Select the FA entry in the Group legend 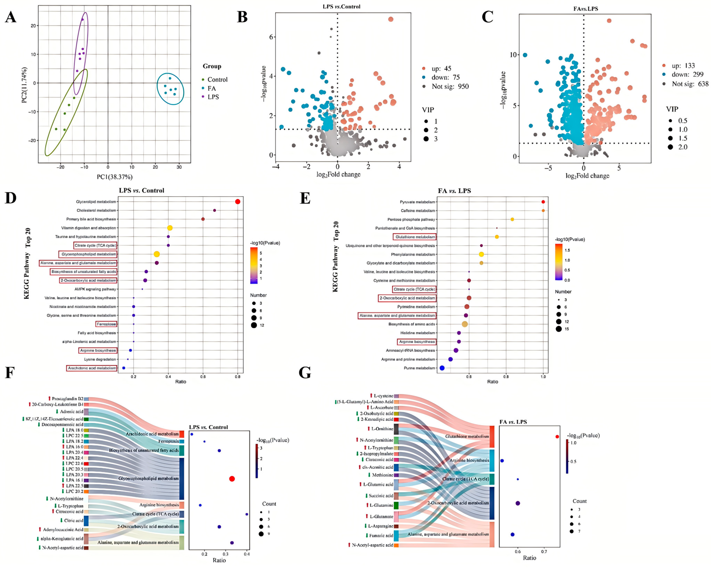211,88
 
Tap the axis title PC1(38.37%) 114,177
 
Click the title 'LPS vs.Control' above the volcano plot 341,7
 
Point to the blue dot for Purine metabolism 442,368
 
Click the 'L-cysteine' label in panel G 383,396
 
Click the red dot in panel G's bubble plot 557,437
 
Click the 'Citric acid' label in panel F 74,521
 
